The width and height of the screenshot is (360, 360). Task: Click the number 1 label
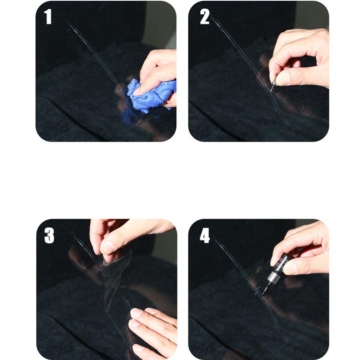48,17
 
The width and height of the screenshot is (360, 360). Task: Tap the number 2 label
204,17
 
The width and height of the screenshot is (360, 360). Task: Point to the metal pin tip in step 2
273,87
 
